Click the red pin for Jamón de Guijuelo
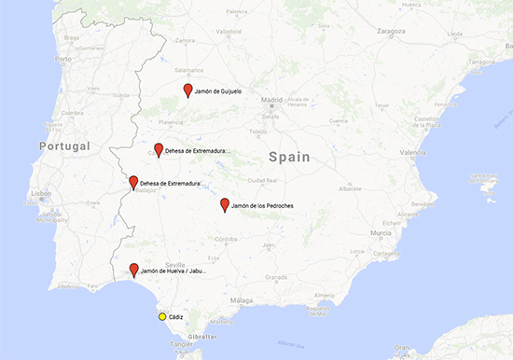coord(187,90)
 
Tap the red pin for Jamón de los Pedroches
coord(224,204)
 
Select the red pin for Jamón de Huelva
coord(134,270)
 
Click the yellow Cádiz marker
coord(162,317)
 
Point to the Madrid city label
coord(271,99)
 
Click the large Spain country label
coord(288,158)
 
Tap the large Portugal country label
coord(64,146)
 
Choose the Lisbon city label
coord(39,193)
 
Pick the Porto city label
coord(63,58)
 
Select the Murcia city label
coord(380,232)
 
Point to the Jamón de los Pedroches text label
coord(263,204)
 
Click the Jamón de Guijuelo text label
coord(219,90)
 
